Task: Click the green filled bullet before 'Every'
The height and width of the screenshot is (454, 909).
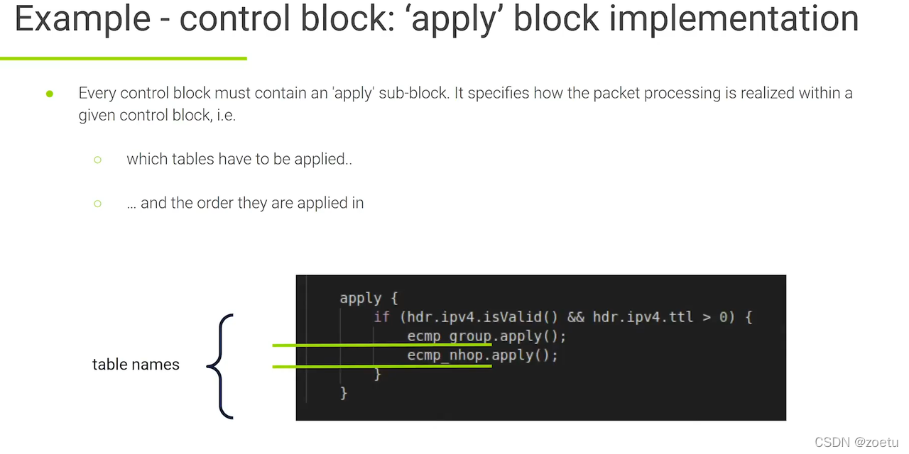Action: coord(50,94)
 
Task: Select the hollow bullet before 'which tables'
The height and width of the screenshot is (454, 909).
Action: coord(98,160)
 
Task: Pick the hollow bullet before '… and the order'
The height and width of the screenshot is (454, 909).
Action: coord(98,204)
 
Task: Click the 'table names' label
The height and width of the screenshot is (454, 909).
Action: coord(136,365)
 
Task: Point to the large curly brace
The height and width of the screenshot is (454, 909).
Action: coord(221,366)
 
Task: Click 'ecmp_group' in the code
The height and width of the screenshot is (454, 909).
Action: coord(450,336)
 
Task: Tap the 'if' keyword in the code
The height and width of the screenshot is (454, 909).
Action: coord(382,316)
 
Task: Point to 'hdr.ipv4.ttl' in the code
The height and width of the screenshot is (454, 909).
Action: coord(643,316)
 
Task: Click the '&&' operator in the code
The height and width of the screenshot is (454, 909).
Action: coord(576,316)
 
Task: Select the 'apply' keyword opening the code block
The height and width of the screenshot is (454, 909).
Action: coord(360,298)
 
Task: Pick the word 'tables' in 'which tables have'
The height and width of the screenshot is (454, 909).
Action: coord(195,160)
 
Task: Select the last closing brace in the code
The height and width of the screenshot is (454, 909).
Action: coord(344,392)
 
